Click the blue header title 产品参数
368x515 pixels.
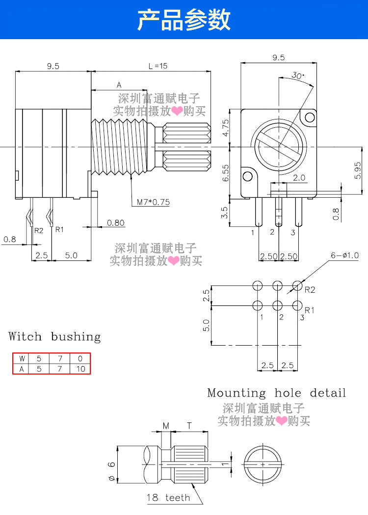(184, 20)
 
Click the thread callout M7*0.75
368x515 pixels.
(153, 202)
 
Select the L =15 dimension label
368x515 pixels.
(158, 66)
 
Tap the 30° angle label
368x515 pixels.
(298, 75)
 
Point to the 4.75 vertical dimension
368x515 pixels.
(226, 128)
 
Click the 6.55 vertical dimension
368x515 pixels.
(226, 173)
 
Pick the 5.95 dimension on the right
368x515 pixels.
(358, 170)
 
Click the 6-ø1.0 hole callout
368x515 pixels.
(344, 255)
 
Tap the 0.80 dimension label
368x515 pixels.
(115, 223)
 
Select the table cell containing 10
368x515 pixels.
(80, 369)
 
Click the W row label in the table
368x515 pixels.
(22, 358)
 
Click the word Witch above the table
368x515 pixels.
(25, 336)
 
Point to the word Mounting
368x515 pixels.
(237, 393)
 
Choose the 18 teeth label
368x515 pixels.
(168, 497)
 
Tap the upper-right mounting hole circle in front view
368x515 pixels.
(310, 117)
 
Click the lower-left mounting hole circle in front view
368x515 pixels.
(248, 177)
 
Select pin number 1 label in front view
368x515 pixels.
(253, 233)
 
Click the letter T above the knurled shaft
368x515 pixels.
(189, 426)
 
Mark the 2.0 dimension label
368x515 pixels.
(299, 178)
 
